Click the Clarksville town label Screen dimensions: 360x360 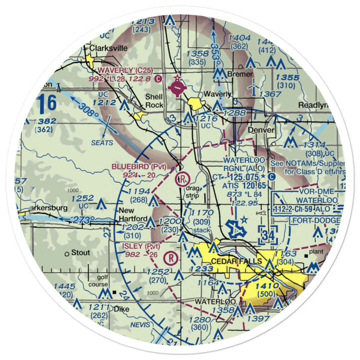click(99, 48)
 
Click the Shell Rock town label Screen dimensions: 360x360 click(154, 101)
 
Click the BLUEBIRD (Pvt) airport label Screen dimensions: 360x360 click(139, 167)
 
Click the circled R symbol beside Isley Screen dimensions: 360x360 click(171, 258)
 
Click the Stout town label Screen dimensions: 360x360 click(80, 253)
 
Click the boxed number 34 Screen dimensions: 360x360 click(268, 236)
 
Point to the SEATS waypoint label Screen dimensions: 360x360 click(102, 143)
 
